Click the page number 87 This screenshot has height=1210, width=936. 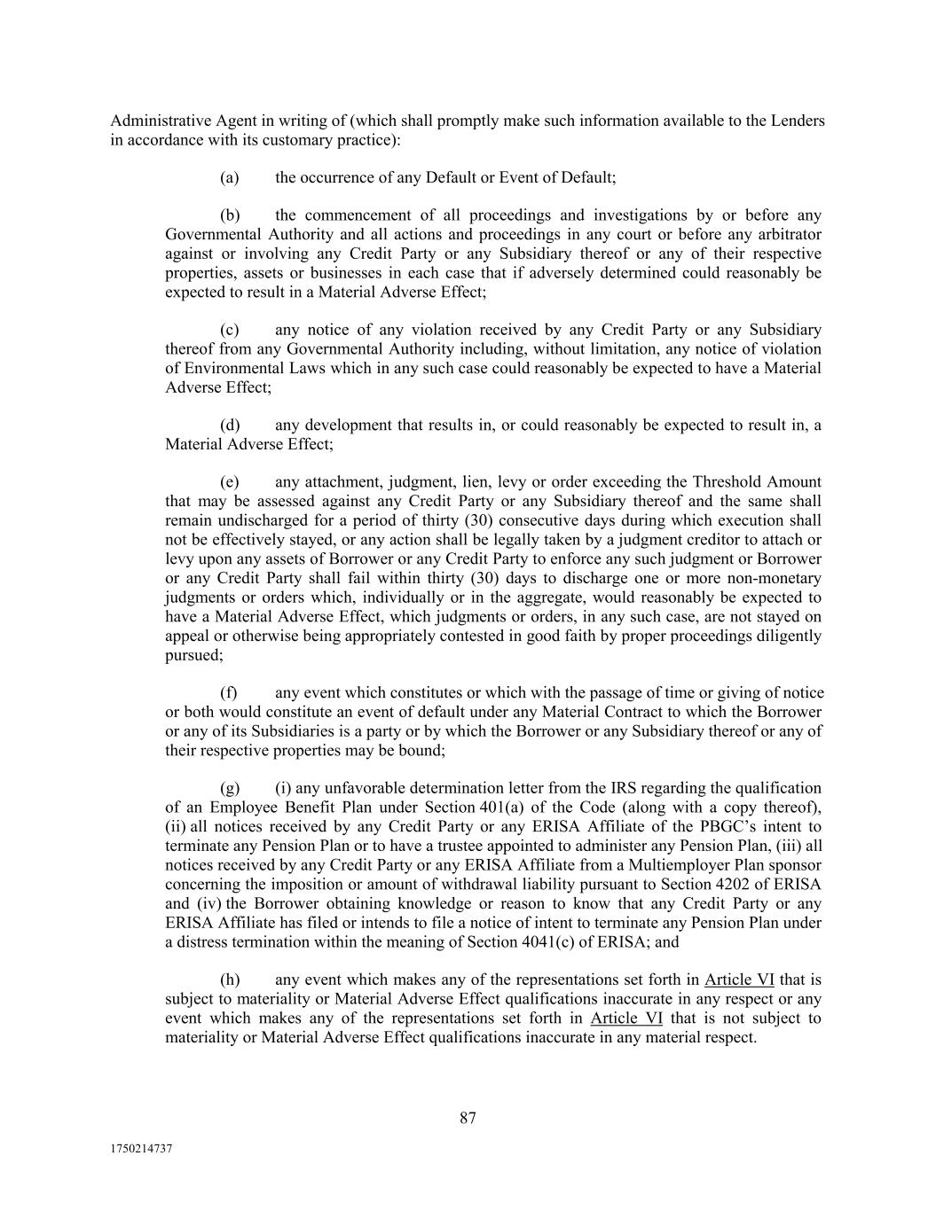pos(468,1118)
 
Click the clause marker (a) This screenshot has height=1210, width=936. pos(229,177)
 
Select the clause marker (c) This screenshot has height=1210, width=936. pos(229,330)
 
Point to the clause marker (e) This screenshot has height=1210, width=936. pos(229,482)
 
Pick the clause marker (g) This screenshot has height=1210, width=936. pos(229,788)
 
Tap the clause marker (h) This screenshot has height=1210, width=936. pos(229,980)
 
